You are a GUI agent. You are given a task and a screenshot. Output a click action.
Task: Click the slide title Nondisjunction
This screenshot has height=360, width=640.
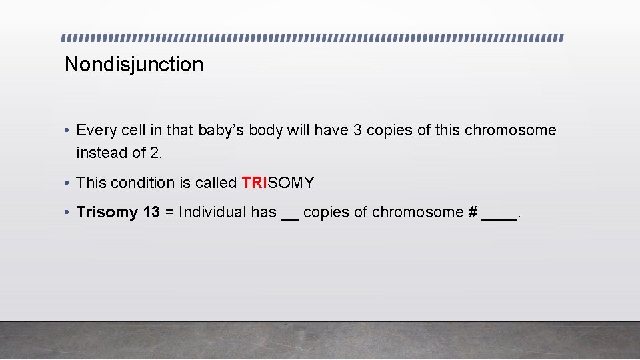tap(134, 65)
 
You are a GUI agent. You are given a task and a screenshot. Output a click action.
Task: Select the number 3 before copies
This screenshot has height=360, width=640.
tap(357, 131)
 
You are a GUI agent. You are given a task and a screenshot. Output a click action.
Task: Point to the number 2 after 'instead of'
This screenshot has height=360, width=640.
tap(155, 153)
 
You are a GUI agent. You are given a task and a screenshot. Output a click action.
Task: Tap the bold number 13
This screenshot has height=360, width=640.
tap(151, 213)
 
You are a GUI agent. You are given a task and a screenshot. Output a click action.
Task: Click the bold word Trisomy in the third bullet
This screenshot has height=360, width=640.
tap(107, 213)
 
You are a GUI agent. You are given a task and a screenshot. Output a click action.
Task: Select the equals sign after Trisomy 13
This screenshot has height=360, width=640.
tap(169, 213)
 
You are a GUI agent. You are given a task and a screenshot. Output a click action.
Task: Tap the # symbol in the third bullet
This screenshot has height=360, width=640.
tap(473, 213)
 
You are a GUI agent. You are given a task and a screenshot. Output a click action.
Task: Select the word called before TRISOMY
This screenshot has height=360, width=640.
tap(217, 183)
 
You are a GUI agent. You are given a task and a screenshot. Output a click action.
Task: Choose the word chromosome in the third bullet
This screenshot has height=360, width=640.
tap(417, 213)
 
